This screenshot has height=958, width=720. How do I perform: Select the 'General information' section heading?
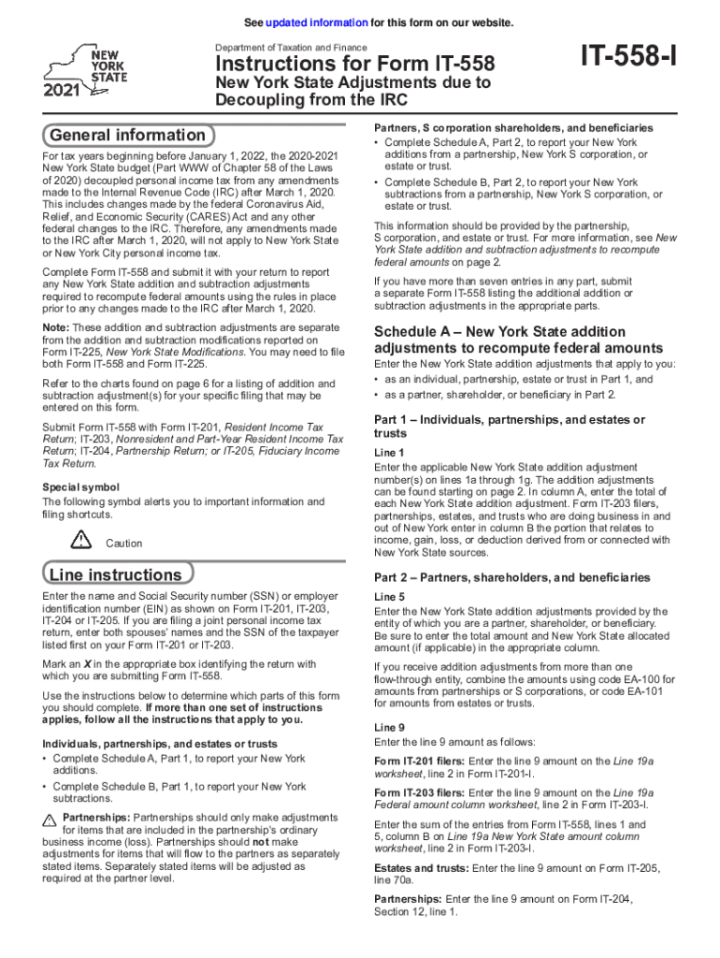point(128,135)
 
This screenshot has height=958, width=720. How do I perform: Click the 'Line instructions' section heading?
point(116,574)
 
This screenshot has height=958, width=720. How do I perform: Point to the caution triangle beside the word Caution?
point(81,540)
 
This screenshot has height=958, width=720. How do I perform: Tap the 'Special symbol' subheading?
point(81,487)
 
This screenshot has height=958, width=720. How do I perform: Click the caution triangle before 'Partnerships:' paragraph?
point(50,819)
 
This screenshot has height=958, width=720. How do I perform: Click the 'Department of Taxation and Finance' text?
point(291,48)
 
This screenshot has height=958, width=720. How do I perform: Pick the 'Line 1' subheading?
point(389,453)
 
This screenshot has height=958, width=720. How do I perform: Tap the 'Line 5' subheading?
point(389,597)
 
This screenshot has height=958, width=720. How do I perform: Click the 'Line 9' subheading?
point(389,727)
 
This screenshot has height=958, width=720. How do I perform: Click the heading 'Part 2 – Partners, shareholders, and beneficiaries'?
point(512,577)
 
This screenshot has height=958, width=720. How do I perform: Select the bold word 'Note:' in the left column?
point(56,327)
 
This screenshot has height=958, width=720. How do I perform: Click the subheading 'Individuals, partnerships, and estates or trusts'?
point(159,744)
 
